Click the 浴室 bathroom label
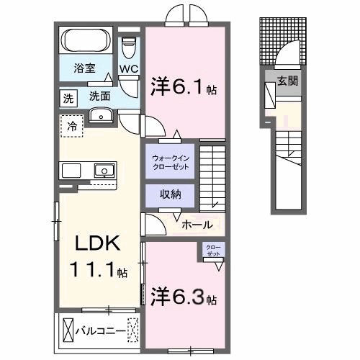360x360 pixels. [85, 69]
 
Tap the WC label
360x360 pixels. [129, 69]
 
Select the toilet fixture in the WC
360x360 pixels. [130, 48]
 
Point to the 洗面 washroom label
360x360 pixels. [100, 96]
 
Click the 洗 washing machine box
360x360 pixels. [68, 96]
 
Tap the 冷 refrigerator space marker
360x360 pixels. [71, 125]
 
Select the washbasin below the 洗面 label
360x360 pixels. [102, 115]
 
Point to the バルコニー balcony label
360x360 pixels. [100, 330]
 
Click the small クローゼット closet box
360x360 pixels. [214, 251]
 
